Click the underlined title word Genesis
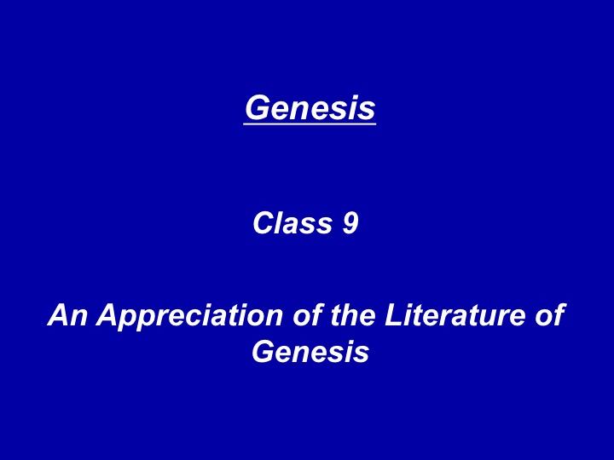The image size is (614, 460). pyautogui.click(x=310, y=108)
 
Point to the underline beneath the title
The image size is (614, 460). pyautogui.click(x=310, y=124)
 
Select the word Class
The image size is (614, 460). pyautogui.click(x=293, y=223)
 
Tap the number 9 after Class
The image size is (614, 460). pyautogui.click(x=350, y=223)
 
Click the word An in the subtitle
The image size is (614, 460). pyautogui.click(x=67, y=315)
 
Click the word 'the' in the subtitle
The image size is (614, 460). pyautogui.click(x=353, y=315)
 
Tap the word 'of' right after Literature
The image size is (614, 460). pyautogui.click(x=551, y=314)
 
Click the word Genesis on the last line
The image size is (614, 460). pyautogui.click(x=310, y=351)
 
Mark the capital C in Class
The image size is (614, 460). pyautogui.click(x=264, y=223)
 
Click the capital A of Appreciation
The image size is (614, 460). pyautogui.click(x=108, y=315)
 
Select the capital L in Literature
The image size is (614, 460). pyautogui.click(x=394, y=315)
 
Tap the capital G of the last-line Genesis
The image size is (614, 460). pyautogui.click(x=264, y=351)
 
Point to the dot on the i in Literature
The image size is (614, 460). pyautogui.click(x=413, y=307)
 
